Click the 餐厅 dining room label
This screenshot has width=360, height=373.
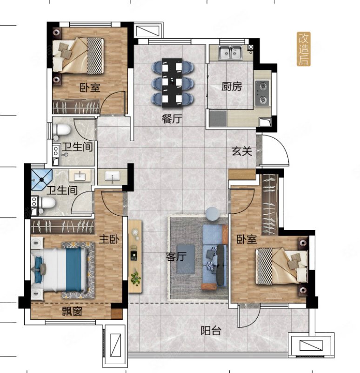172,118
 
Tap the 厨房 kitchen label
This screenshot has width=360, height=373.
232,87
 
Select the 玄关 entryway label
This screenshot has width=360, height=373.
242,151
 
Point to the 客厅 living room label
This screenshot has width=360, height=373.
176,257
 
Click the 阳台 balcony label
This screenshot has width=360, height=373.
211,331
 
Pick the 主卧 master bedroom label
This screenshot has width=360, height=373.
109,239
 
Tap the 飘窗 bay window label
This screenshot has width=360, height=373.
72,311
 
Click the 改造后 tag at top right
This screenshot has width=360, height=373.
304,49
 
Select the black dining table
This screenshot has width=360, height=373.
172,82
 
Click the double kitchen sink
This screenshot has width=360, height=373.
230,52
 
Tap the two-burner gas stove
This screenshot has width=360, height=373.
263,93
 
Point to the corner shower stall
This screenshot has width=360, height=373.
41,179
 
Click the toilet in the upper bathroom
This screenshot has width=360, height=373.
61,130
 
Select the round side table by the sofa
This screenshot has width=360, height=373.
213,214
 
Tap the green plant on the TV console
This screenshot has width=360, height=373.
135,278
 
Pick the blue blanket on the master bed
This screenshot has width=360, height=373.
73,270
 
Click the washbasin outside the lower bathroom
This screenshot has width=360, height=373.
113,177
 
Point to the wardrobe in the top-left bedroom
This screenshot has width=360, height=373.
76,107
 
